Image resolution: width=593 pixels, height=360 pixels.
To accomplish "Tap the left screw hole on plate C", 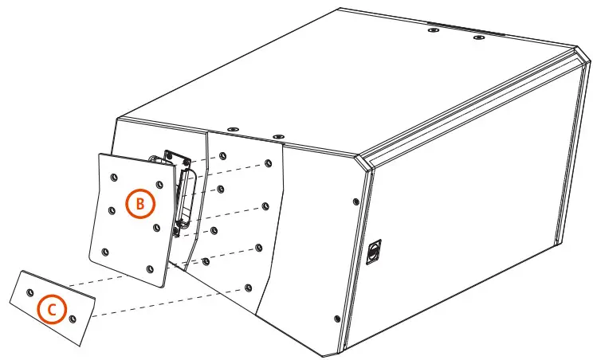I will [x=30, y=292].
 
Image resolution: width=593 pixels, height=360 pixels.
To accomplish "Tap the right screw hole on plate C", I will [x=73, y=318].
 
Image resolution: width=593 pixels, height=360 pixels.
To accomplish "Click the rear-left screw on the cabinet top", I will [x=433, y=30].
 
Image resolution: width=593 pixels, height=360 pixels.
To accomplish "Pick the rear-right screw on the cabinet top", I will [x=478, y=37].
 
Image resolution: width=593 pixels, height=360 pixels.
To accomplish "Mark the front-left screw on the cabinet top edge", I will [x=231, y=128].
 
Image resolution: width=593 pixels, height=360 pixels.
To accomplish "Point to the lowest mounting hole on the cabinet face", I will [x=248, y=285].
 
